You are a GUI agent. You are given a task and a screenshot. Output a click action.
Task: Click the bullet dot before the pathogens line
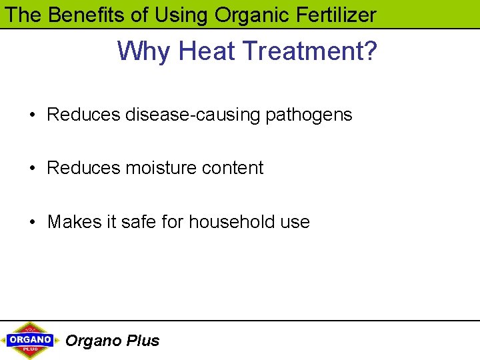(32, 115)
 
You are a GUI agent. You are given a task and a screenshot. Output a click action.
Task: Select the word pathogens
(309, 115)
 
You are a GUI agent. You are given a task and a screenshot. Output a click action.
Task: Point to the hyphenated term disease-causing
(193, 115)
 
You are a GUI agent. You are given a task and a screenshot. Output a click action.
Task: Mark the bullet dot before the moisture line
(32, 169)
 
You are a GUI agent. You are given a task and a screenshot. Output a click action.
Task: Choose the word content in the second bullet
(233, 168)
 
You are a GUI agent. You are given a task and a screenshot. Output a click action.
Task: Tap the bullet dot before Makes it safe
(32, 222)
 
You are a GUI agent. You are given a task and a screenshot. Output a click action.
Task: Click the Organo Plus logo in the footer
(31, 340)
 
